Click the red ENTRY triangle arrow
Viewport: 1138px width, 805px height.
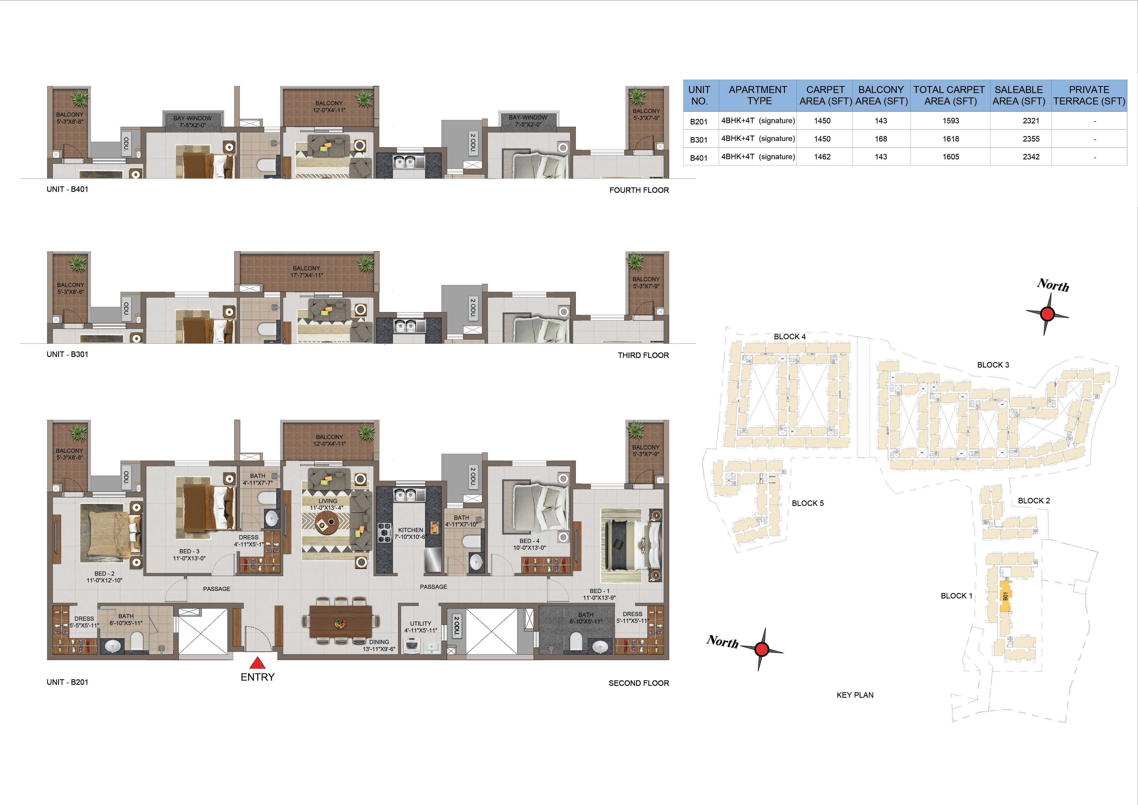[257, 663]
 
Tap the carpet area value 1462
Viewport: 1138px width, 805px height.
[822, 157]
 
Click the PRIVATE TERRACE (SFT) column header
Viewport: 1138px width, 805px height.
[1089, 95]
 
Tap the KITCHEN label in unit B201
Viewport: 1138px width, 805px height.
[410, 530]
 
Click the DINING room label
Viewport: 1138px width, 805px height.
[379, 642]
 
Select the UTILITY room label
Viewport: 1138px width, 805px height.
[420, 624]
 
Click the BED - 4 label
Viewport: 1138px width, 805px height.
[529, 541]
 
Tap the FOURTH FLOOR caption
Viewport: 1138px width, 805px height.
[639, 190]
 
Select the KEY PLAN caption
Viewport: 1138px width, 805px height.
[855, 695]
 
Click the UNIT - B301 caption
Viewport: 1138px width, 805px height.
[67, 354]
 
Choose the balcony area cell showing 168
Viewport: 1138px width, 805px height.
[881, 139]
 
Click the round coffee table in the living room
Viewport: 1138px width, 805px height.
[327, 522]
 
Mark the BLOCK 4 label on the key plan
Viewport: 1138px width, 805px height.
[790, 336]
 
